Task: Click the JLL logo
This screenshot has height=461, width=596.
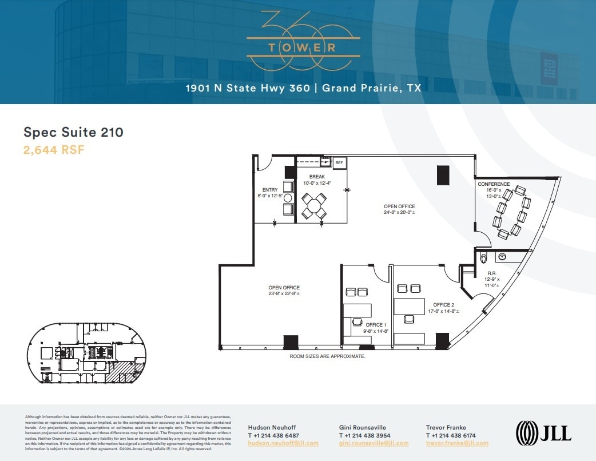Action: pyautogui.click(x=543, y=432)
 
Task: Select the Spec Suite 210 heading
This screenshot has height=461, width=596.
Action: pyautogui.click(x=73, y=132)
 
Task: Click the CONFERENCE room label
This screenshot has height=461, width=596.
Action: pyautogui.click(x=494, y=184)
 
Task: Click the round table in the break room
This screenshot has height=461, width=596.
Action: pyautogui.click(x=313, y=205)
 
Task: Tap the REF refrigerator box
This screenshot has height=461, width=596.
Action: pyautogui.click(x=339, y=163)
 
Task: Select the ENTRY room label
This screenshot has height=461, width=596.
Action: pyautogui.click(x=270, y=190)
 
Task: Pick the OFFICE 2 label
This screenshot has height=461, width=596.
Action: pyautogui.click(x=444, y=305)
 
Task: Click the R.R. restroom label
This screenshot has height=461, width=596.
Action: pyautogui.click(x=491, y=273)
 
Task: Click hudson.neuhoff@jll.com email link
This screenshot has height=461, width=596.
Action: pyautogui.click(x=283, y=443)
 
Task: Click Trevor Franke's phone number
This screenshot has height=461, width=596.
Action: pyautogui.click(x=458, y=435)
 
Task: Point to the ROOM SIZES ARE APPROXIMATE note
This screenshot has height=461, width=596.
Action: pyautogui.click(x=327, y=356)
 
